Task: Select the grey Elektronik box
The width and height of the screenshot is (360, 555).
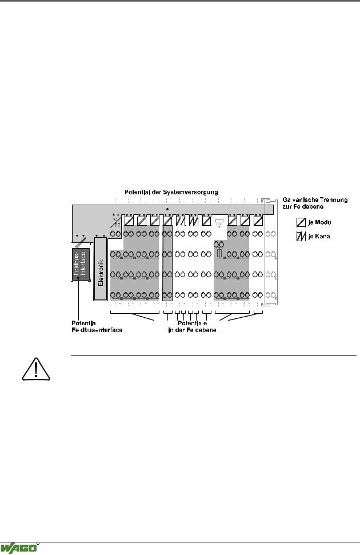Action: [x=101, y=268]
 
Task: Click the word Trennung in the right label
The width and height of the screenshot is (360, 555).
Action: [x=335, y=199]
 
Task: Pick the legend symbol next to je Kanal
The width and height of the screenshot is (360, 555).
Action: [x=302, y=237]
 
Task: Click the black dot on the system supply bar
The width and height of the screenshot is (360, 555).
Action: [x=167, y=210]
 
